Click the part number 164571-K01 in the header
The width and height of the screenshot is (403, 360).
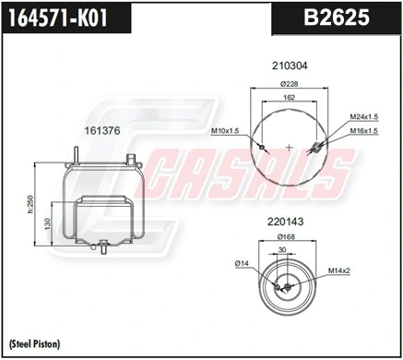(63, 18)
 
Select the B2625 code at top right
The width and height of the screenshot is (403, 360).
(335, 18)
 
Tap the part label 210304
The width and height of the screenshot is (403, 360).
(289, 66)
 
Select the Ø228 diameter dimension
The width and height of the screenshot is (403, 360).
(289, 83)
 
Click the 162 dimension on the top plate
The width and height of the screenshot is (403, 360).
(289, 97)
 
